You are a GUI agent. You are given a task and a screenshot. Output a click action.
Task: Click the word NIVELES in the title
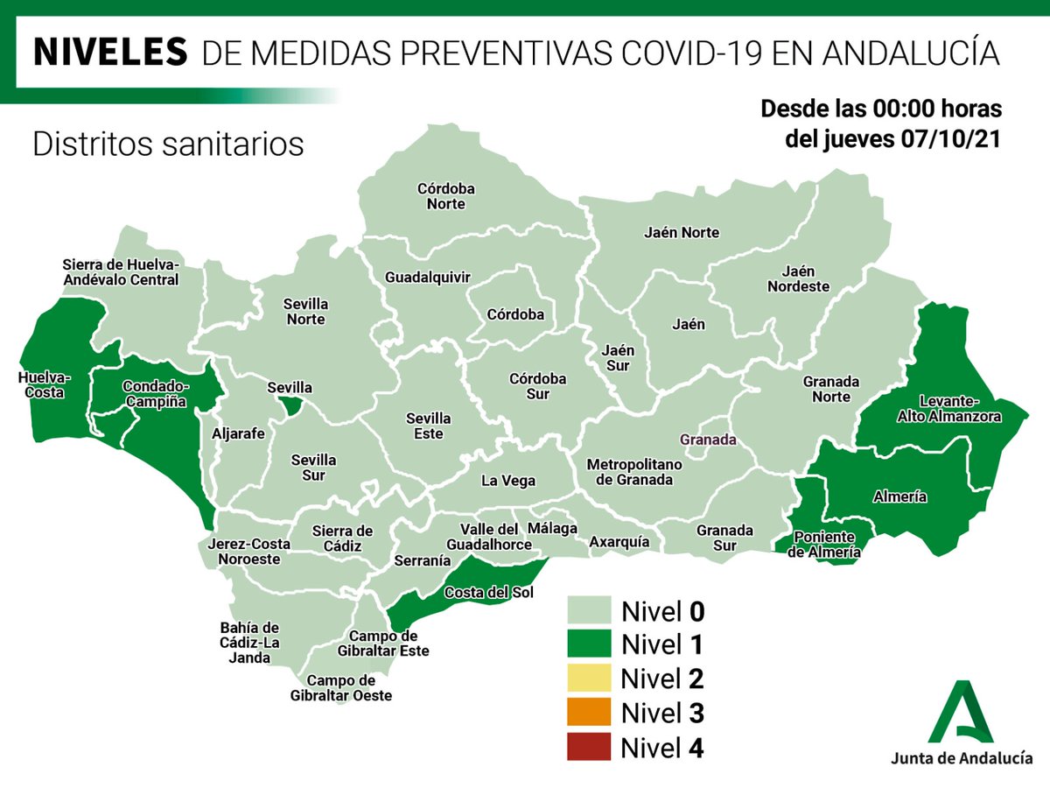click(x=109, y=52)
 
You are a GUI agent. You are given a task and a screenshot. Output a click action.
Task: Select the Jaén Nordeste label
click(x=798, y=278)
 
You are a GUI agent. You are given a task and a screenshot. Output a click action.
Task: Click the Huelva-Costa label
click(x=45, y=385)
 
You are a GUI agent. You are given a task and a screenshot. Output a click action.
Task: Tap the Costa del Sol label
click(x=489, y=593)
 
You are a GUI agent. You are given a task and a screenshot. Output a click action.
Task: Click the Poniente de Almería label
click(x=823, y=545)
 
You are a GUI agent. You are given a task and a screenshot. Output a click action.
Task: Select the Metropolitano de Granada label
click(x=630, y=471)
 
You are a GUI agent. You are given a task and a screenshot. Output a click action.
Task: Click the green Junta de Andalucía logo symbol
click(x=960, y=709)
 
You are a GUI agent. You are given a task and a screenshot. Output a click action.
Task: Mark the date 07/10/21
click(x=954, y=140)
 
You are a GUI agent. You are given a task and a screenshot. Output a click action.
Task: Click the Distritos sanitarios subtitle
click(x=168, y=144)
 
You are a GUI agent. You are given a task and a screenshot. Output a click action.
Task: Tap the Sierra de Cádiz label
click(x=343, y=538)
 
